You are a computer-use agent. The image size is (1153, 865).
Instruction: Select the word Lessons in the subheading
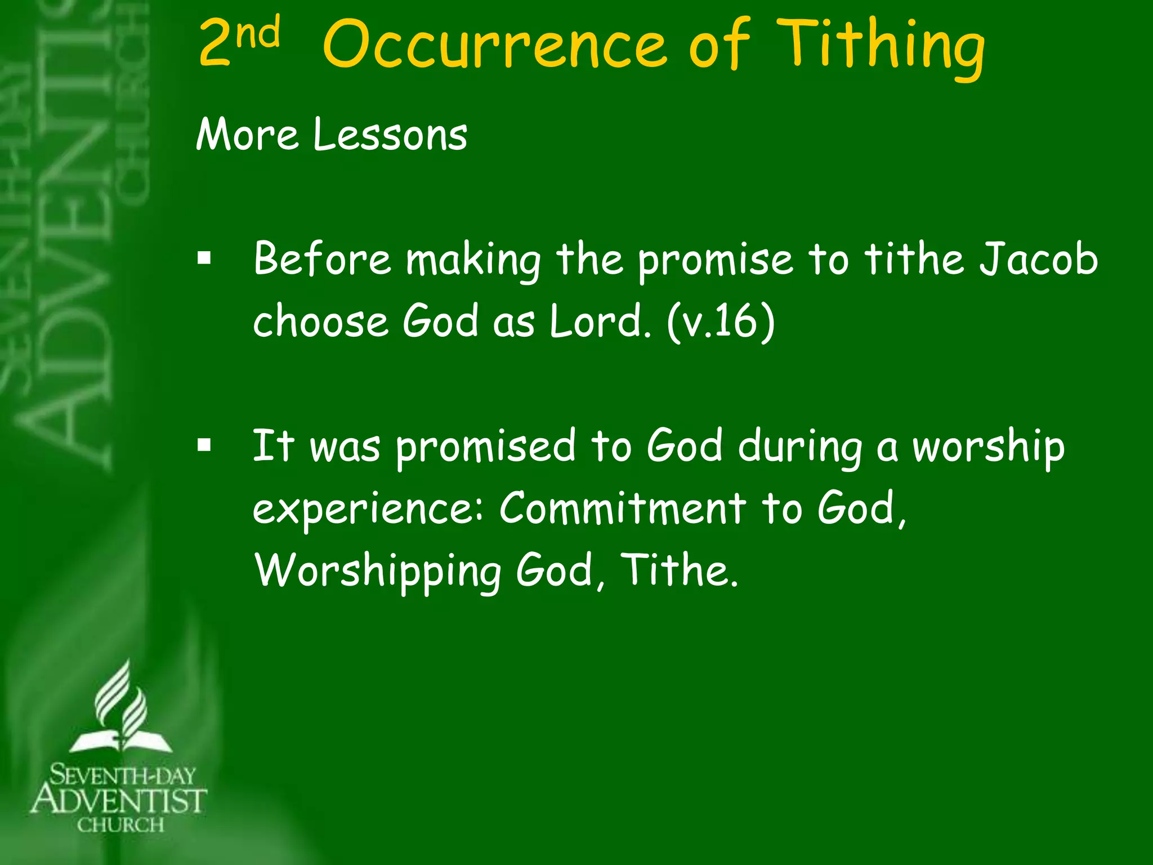[390, 135]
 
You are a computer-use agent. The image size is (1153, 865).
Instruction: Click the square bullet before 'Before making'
[204, 260]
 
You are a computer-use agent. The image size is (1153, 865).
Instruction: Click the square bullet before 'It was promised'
[204, 446]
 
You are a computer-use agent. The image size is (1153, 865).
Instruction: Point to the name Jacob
[1037, 259]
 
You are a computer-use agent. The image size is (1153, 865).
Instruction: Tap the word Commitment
[623, 508]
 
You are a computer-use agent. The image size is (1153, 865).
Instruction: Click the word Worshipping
[377, 570]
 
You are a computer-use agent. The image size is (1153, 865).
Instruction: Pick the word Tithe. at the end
[678, 570]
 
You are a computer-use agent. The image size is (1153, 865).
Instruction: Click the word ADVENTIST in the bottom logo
[119, 800]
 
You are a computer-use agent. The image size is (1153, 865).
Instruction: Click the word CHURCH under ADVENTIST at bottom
[120, 825]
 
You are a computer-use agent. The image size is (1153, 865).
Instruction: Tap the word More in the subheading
[247, 135]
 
